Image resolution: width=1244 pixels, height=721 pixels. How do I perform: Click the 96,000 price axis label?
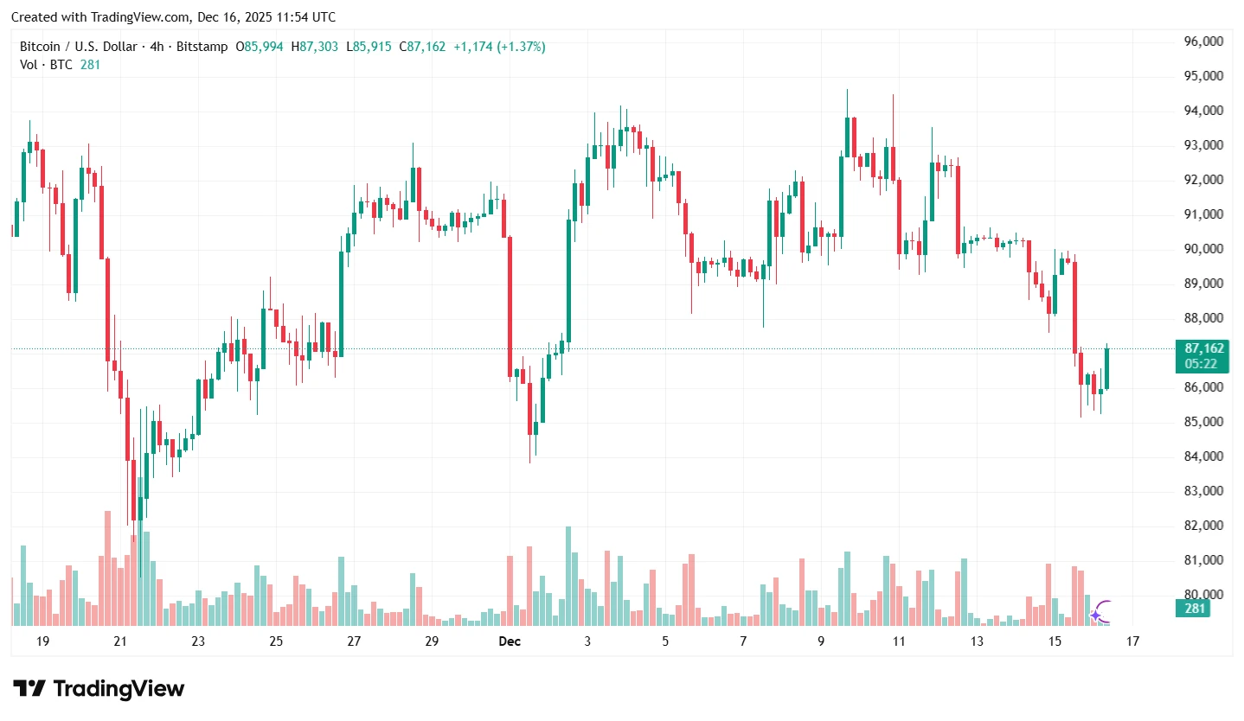(1203, 41)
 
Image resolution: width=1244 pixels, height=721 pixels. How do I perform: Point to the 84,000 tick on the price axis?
(1203, 456)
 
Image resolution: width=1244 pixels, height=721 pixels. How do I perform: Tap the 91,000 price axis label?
(1203, 214)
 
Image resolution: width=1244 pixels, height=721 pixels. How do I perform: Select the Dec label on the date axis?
(510, 641)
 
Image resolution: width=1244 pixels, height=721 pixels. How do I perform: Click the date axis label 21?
(120, 641)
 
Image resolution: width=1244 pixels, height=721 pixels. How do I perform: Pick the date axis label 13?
(977, 641)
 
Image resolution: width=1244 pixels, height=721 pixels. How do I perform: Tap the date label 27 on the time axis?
(354, 641)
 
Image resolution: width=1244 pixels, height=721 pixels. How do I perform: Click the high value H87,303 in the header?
(314, 47)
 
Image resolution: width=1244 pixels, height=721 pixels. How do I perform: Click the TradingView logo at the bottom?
(99, 689)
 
